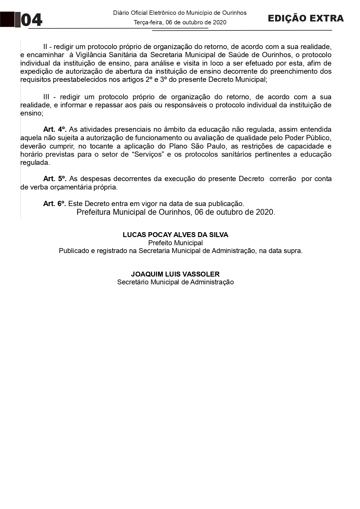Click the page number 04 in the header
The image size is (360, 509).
pos(32,20)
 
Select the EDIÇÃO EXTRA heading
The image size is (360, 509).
pos(305,18)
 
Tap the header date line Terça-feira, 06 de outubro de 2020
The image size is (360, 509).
pos(180,22)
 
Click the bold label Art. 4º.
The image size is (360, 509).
pos(55,129)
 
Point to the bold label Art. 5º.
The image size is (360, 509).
pos(55,179)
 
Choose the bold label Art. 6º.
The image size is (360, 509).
pos(55,204)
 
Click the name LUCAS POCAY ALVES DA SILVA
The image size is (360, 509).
pos(176,235)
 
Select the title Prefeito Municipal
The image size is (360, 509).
pos(176,243)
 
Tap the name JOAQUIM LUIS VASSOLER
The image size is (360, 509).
pos(175,274)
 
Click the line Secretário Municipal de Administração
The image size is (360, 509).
pos(176,282)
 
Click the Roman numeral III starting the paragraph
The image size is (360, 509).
pos(46,97)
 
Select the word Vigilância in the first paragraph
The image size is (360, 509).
pos(92,55)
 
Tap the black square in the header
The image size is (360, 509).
pos(7,19)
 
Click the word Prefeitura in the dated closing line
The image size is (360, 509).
pos(93,212)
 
